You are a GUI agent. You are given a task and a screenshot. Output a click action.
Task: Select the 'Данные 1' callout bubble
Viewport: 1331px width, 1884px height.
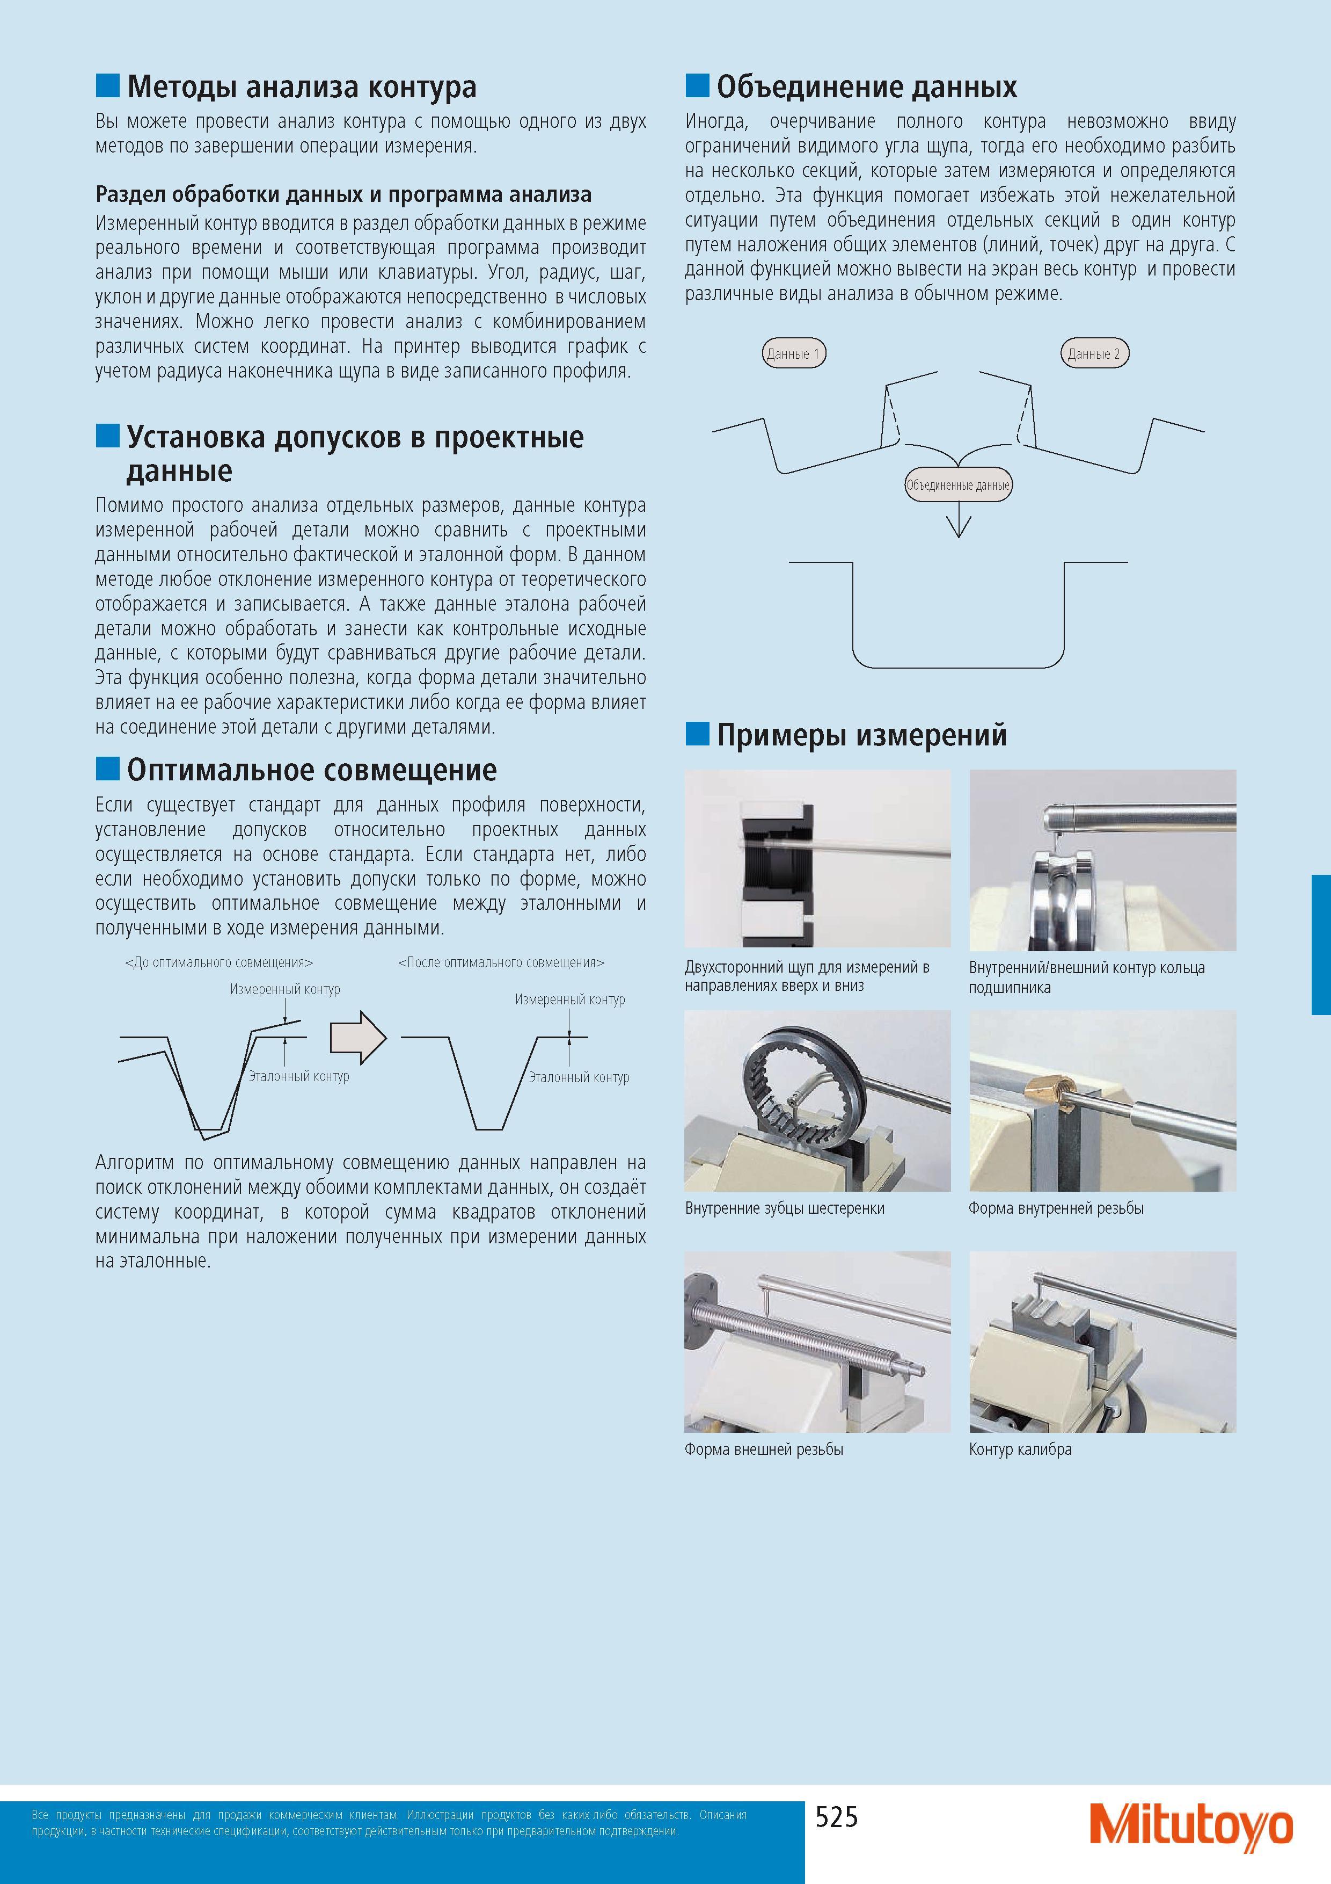793,354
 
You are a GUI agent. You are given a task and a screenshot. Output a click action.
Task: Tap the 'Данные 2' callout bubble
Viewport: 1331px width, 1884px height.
1094,354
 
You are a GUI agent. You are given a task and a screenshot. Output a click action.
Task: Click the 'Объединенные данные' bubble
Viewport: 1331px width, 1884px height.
958,485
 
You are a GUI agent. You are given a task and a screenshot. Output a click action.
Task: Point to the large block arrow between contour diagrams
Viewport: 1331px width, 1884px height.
357,1037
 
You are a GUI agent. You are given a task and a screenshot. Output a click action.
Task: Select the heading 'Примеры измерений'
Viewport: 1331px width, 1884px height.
861,734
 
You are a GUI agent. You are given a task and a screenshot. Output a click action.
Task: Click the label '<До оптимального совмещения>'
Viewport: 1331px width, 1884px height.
219,962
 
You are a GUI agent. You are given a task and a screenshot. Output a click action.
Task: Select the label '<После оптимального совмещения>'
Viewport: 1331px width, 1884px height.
501,962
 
